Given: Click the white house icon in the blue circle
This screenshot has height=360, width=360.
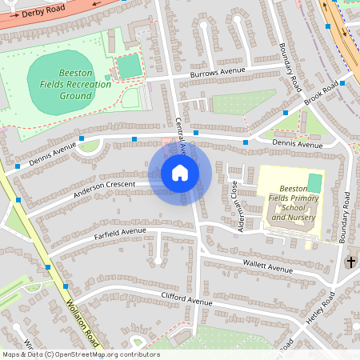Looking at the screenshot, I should [x=180, y=173].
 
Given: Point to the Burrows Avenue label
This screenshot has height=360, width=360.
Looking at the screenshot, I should [x=217, y=72].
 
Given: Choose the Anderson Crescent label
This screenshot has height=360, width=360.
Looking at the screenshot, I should [x=105, y=188].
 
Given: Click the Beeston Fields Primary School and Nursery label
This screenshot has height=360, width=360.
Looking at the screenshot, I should [x=293, y=206].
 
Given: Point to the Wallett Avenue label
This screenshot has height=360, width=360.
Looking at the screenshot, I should [x=269, y=266].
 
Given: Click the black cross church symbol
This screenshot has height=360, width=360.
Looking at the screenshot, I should [x=350, y=262].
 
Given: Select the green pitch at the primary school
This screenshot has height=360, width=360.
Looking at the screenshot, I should [x=314, y=182].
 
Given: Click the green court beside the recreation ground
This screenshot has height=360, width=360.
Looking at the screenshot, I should [x=129, y=66].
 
